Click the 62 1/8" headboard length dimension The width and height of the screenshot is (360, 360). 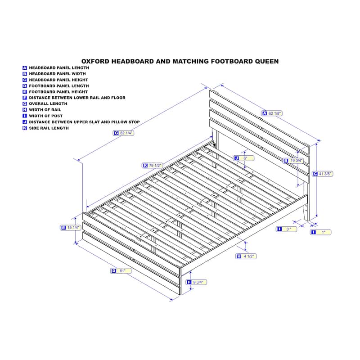(x=272, y=113)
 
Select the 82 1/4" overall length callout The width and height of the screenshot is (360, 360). (x=123, y=133)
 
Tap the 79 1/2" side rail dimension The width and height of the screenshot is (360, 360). (x=152, y=165)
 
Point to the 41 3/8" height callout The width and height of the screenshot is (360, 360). (x=322, y=174)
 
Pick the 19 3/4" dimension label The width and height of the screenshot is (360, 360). (x=293, y=161)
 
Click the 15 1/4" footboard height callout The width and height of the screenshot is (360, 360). (x=71, y=228)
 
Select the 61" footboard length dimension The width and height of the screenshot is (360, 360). (x=121, y=271)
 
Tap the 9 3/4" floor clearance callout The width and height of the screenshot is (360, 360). (x=196, y=282)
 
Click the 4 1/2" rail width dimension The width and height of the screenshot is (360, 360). (x=246, y=256)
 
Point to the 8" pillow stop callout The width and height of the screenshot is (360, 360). (x=243, y=158)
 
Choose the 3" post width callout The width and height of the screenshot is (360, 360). (x=286, y=229)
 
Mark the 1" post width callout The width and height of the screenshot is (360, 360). (x=320, y=232)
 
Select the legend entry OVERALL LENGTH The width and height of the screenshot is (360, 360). (x=48, y=104)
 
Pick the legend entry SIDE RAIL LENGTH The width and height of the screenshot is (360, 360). (x=49, y=128)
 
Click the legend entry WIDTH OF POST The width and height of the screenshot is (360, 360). (x=46, y=116)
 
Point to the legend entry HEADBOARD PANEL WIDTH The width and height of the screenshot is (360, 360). (x=58, y=74)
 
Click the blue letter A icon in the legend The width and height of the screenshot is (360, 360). (x=25, y=68)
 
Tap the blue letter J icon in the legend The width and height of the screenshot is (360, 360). (x=25, y=122)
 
